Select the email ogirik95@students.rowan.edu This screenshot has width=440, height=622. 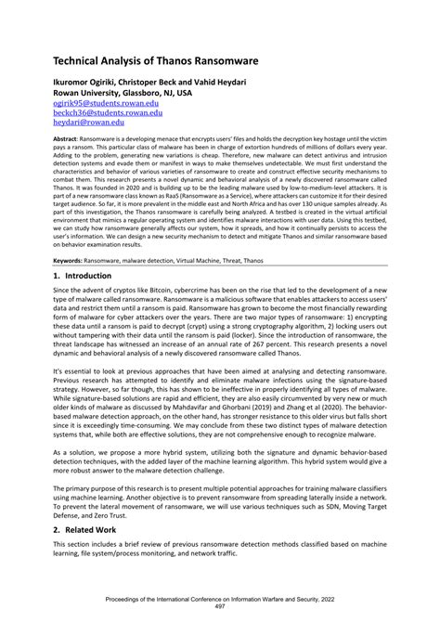click(92, 104)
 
